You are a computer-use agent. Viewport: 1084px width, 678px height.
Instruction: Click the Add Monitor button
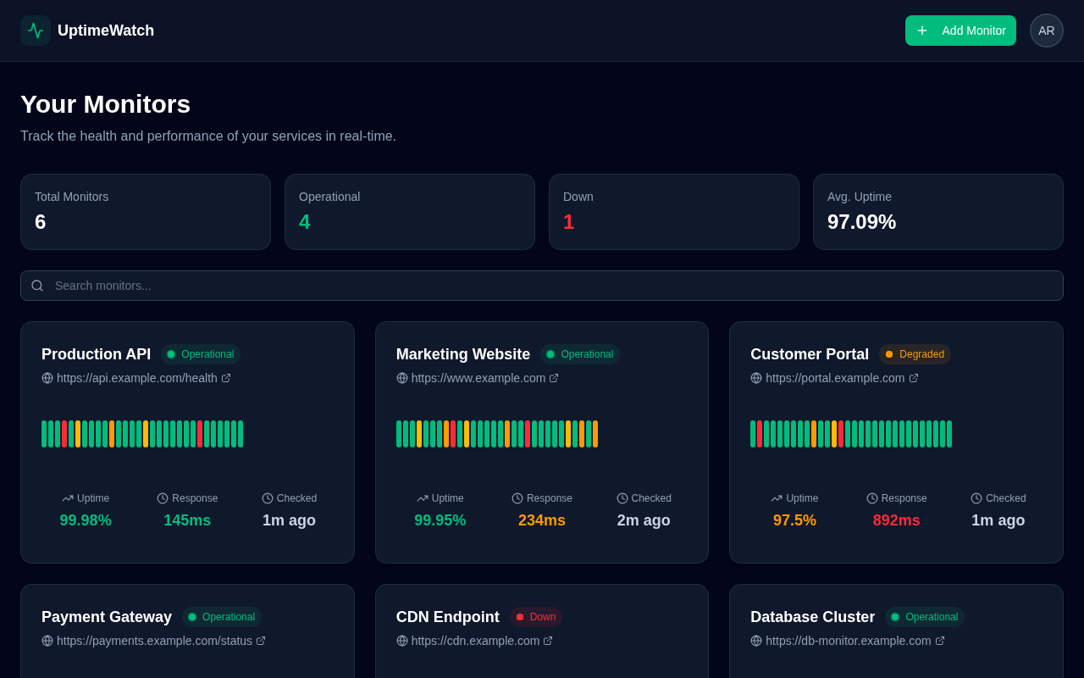960,31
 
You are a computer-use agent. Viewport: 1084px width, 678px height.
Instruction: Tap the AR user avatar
1046,31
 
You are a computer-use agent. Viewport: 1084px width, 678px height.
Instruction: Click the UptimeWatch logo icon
36,31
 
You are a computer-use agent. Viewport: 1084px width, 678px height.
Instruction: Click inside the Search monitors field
542,286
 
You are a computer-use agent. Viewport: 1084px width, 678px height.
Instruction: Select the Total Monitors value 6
41,222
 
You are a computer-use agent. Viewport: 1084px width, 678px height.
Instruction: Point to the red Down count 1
568,222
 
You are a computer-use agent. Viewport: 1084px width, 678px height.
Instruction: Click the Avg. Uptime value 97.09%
861,222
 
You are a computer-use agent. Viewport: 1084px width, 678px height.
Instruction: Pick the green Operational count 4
305,222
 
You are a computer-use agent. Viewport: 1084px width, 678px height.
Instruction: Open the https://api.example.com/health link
137,378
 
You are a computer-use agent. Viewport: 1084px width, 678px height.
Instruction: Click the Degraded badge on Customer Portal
915,354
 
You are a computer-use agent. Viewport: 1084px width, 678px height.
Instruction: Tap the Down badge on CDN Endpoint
535,617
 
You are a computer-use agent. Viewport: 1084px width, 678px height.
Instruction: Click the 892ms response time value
896,520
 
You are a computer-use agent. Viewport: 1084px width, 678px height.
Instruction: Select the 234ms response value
542,520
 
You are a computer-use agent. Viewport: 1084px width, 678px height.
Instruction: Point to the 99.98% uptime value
86,520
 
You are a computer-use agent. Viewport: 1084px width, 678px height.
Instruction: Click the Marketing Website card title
463,354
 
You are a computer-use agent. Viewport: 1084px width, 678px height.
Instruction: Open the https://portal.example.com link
835,378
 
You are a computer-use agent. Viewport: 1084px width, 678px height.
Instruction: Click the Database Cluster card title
812,617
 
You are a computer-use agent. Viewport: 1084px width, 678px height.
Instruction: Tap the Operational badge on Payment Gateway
221,617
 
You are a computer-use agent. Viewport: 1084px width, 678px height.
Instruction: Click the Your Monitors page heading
105,104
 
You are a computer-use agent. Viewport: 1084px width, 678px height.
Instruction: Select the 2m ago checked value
644,520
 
